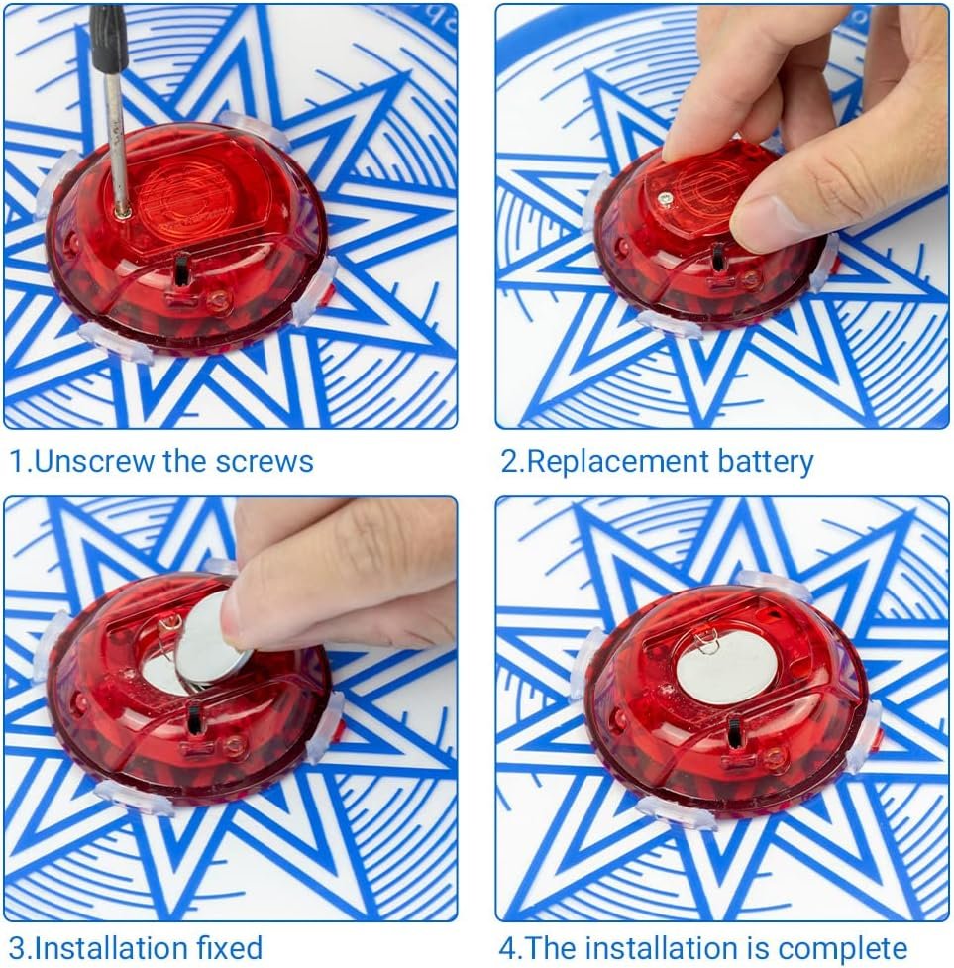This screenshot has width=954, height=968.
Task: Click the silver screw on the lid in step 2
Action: click(x=664, y=199)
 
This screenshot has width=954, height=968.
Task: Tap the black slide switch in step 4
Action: click(x=735, y=733)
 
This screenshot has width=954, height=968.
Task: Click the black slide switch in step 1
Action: click(x=182, y=269)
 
